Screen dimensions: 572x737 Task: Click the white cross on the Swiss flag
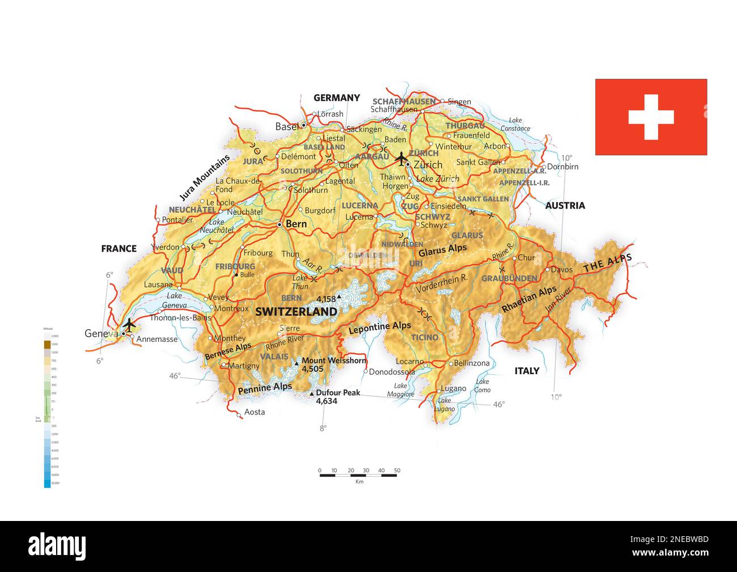651,117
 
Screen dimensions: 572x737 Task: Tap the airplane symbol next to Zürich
401,158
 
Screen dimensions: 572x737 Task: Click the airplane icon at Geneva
129,325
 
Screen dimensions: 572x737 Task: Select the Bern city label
296,224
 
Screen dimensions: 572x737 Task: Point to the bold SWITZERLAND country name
296,312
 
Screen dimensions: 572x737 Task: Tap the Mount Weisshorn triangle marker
296,361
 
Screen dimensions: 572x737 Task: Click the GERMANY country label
337,98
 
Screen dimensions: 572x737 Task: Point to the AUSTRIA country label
565,205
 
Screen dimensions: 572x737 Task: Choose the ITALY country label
527,371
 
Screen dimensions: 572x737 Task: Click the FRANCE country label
118,248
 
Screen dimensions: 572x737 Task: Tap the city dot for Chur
515,258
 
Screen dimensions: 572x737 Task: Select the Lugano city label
454,388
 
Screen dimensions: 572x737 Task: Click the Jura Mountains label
205,177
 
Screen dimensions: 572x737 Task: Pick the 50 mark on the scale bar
397,470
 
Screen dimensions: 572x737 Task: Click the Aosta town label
255,412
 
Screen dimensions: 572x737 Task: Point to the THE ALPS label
607,261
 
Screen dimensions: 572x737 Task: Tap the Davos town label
562,269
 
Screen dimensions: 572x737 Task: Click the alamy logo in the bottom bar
57,546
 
